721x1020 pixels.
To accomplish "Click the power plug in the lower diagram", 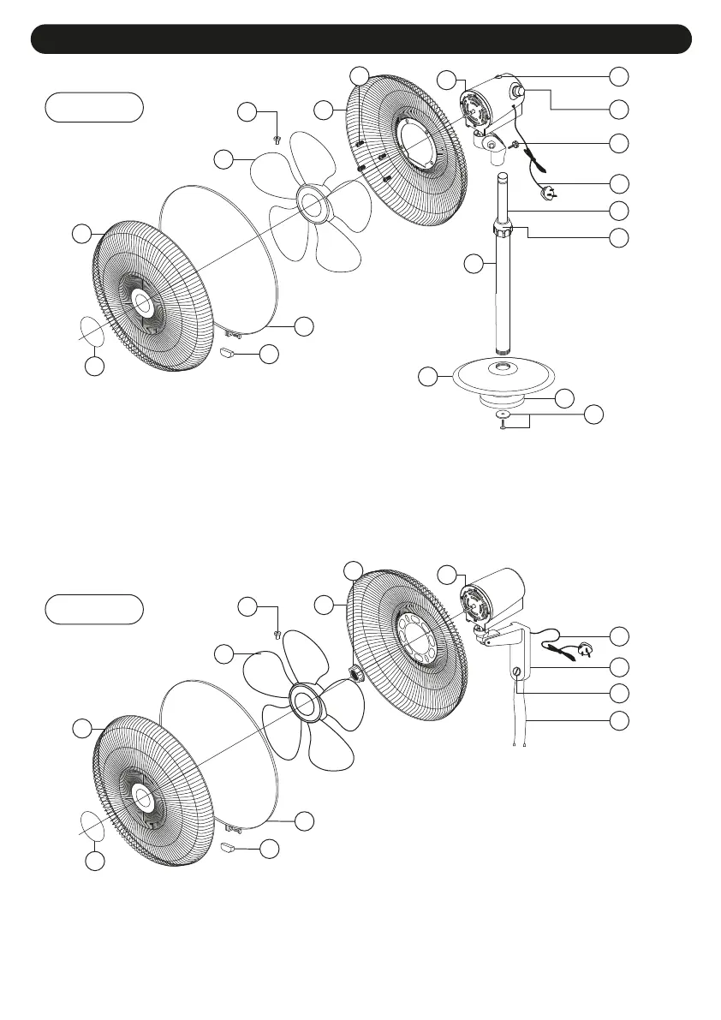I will (589, 647).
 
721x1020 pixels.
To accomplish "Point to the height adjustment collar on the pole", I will (502, 231).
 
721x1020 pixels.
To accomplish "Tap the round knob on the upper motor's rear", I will (520, 92).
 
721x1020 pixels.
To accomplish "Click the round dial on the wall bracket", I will (515, 672).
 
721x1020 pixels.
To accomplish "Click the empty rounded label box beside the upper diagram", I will (93, 107).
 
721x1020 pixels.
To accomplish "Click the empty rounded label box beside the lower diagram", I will (93, 609).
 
